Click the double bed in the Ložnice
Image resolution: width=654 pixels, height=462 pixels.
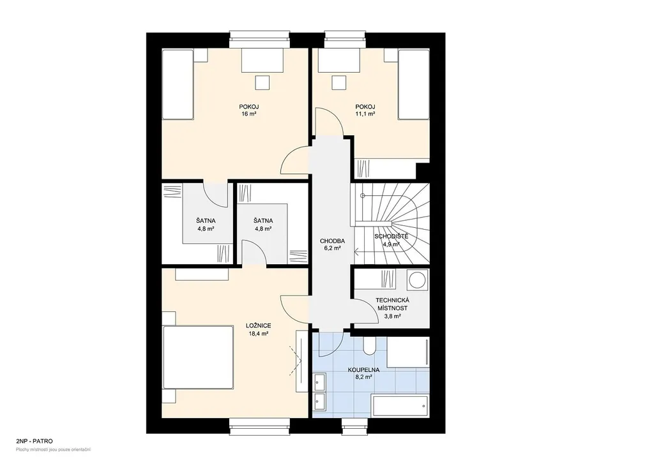pyautogui.click(x=198, y=357)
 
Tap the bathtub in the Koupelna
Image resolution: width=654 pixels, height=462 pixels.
pyautogui.click(x=400, y=406)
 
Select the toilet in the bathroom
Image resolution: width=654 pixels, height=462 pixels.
pyautogui.click(x=369, y=346)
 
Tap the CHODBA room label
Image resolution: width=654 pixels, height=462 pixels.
pyautogui.click(x=332, y=241)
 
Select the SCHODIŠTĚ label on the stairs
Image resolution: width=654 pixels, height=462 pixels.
pyautogui.click(x=392, y=236)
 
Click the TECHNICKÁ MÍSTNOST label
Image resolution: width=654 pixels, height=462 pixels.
pyautogui.click(x=393, y=304)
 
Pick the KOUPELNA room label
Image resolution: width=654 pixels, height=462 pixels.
pyautogui.click(x=363, y=369)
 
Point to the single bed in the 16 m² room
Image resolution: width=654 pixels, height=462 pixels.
pyautogui.click(x=178, y=85)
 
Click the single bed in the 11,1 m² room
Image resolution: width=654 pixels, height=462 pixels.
pyautogui.click(x=414, y=85)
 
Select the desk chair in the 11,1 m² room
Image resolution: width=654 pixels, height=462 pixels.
pyautogui.click(x=338, y=82)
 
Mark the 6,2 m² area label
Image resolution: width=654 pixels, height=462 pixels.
pyautogui.click(x=332, y=248)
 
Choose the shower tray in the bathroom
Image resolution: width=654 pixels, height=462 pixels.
pyautogui.click(x=408, y=352)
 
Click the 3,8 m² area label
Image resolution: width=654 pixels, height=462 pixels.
pyautogui.click(x=393, y=317)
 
